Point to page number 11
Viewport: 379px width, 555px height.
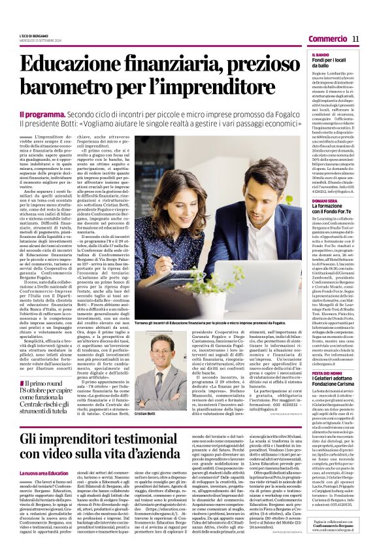coord(355,39)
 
